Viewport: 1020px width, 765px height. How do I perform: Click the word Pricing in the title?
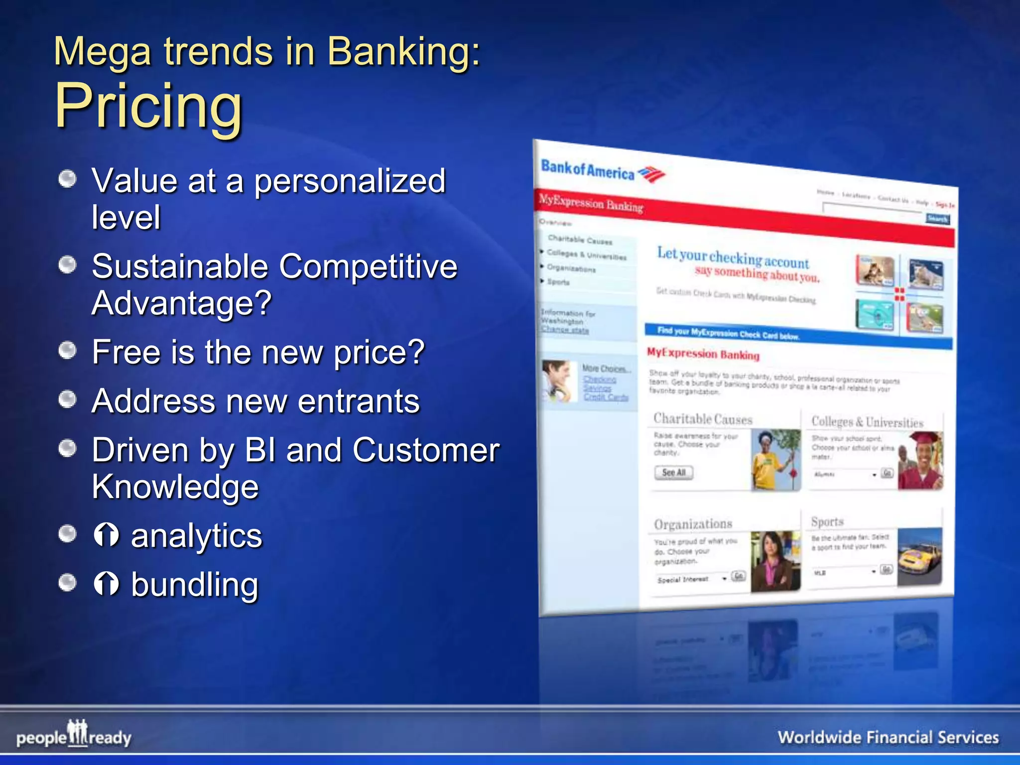(148, 106)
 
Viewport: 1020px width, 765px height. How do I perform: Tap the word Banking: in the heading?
(404, 51)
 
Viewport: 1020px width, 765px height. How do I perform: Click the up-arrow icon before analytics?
(106, 535)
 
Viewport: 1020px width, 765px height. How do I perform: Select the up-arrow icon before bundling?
(106, 584)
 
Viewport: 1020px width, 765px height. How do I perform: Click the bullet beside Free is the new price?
(67, 351)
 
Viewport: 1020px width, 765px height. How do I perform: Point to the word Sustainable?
(180, 266)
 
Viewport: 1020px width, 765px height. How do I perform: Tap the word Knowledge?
(175, 487)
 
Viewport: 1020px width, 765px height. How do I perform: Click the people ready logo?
(74, 735)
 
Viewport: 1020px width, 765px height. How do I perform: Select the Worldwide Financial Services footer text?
(888, 737)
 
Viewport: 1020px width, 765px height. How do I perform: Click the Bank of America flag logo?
(651, 174)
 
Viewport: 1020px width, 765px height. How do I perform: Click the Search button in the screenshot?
(937, 219)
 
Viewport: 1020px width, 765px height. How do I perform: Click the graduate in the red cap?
(921, 461)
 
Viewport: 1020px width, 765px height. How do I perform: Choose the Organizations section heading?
(693, 524)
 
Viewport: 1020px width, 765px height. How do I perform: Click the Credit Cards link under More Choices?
(606, 397)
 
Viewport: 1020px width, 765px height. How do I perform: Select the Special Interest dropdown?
(691, 579)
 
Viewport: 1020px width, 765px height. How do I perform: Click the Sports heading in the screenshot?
(827, 521)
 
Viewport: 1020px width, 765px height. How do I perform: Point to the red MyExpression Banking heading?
(703, 354)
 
